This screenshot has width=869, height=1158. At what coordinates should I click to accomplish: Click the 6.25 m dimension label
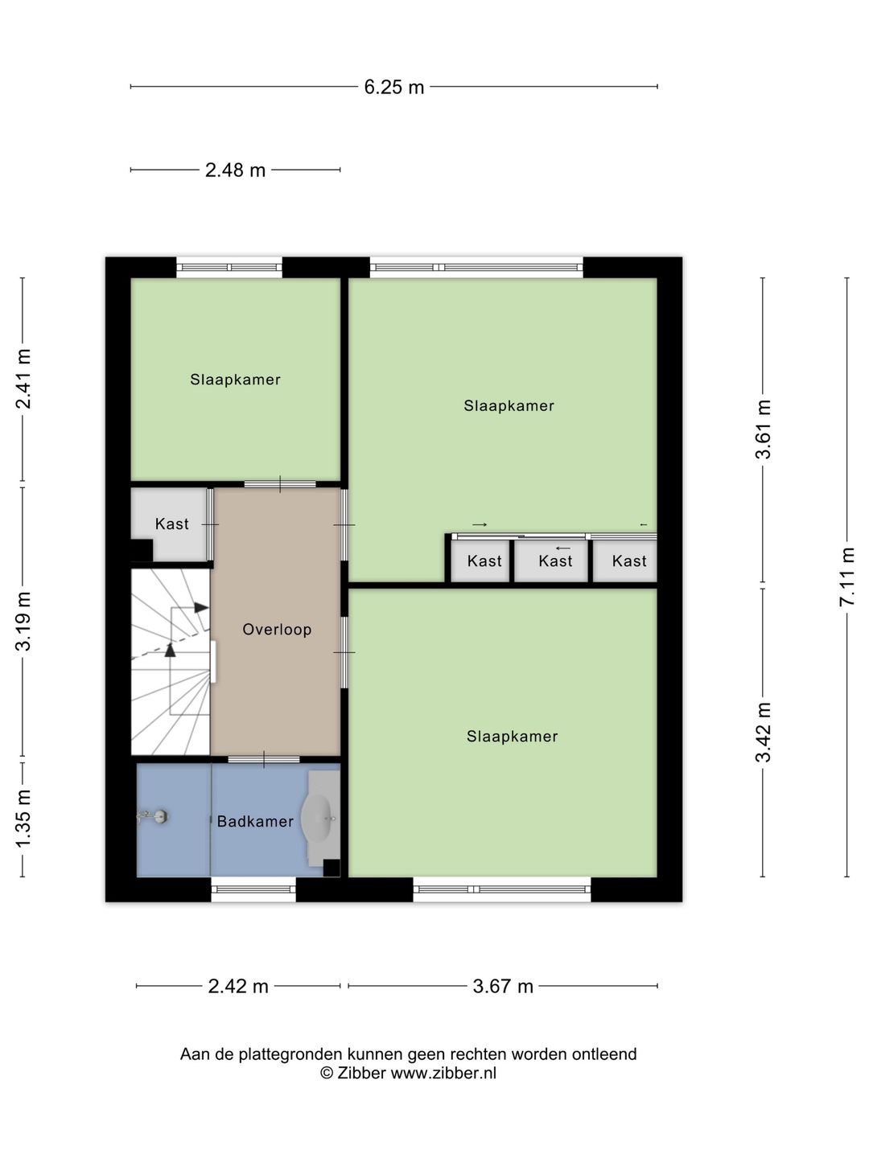(x=393, y=87)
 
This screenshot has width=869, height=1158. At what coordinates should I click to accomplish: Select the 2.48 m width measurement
(x=235, y=170)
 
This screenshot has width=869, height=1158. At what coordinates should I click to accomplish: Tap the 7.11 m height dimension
(x=846, y=577)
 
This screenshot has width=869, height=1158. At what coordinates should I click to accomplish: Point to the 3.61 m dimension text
(x=763, y=429)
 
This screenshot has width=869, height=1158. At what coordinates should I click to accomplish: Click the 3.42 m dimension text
(x=763, y=733)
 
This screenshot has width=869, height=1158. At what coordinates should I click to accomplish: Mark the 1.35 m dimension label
(x=23, y=819)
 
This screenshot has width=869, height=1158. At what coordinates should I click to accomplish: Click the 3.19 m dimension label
(x=23, y=621)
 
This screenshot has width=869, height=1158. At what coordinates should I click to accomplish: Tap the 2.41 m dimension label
(x=23, y=379)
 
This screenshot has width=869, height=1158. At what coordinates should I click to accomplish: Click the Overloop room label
(x=277, y=630)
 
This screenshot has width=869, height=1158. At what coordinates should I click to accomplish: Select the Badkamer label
(x=255, y=821)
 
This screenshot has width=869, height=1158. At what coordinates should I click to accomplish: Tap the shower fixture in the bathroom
(x=153, y=817)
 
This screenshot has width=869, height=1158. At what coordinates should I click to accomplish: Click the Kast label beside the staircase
(x=172, y=524)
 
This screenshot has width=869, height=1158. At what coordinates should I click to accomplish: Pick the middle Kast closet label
(x=555, y=561)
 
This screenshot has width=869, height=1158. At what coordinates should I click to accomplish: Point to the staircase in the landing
(x=171, y=662)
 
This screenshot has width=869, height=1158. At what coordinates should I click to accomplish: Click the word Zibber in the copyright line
(x=361, y=1073)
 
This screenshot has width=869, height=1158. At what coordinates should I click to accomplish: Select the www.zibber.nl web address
(x=443, y=1073)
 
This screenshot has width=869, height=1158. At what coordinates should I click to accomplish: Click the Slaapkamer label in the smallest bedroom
(x=235, y=380)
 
